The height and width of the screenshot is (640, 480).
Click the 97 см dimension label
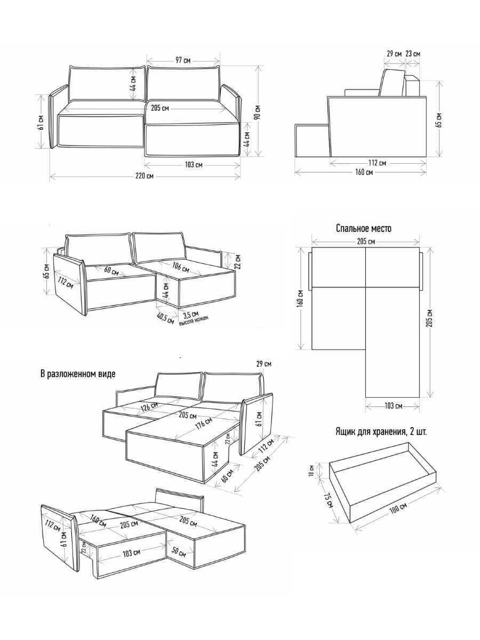point(183,60)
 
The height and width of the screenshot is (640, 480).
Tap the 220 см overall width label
point(145,176)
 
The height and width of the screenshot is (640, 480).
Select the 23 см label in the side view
point(412,54)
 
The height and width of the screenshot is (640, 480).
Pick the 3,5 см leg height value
point(190,314)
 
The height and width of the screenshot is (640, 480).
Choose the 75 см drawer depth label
point(329,501)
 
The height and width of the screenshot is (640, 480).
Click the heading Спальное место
point(364,228)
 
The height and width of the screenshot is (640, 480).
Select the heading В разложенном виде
point(77,374)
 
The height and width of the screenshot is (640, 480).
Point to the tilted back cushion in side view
point(393,83)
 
